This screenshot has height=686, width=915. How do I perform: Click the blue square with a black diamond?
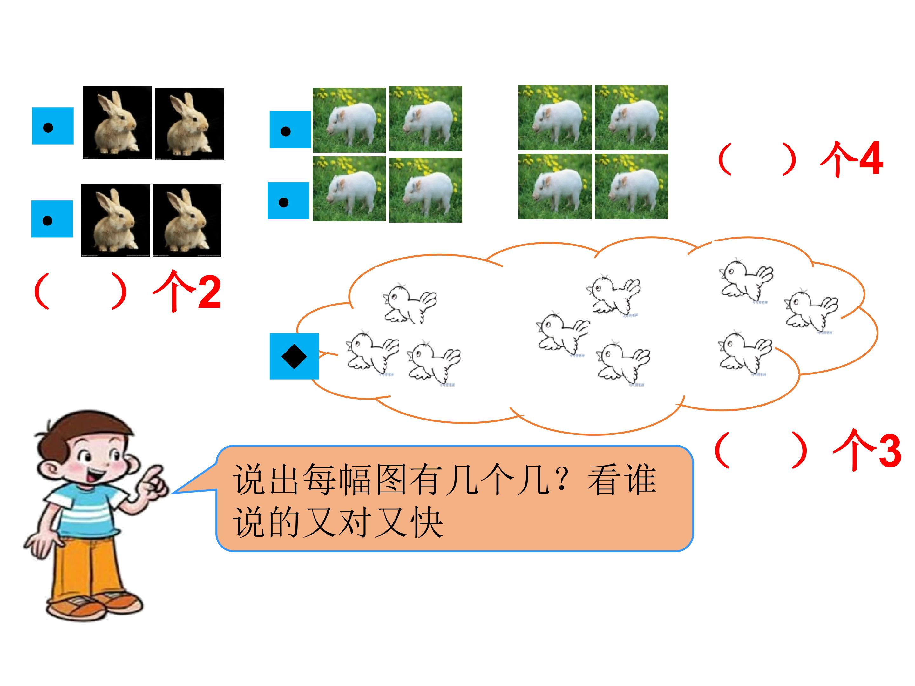(x=294, y=356)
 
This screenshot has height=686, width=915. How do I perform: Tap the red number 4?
(x=871, y=158)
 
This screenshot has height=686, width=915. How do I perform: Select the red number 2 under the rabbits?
(x=209, y=293)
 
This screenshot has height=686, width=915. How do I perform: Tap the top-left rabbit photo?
(x=117, y=123)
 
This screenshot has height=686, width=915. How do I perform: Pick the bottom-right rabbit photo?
(x=187, y=220)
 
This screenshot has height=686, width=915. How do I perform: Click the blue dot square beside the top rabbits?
(x=53, y=126)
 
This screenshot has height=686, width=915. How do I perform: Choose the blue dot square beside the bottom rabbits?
(x=52, y=219)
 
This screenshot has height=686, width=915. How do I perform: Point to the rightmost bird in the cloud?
(x=812, y=310)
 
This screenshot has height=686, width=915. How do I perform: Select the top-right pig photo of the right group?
(x=631, y=118)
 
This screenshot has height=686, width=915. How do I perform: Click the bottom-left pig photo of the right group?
(x=555, y=186)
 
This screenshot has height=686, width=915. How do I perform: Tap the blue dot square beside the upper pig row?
(x=290, y=130)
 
